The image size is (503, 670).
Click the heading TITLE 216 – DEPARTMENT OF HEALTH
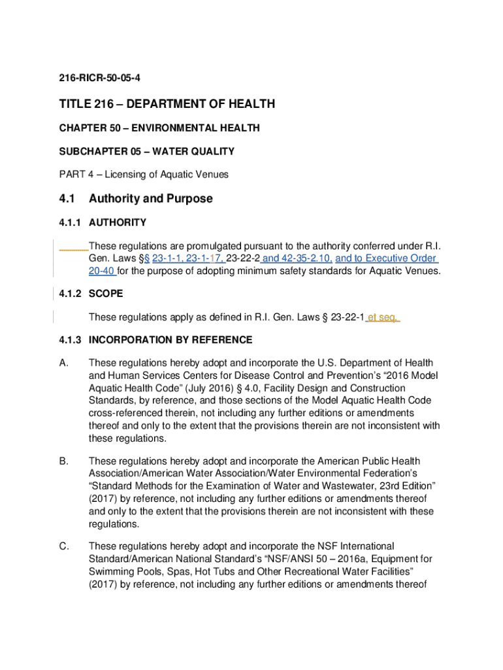tap(167, 104)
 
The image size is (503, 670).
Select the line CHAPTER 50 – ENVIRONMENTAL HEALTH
tap(159, 128)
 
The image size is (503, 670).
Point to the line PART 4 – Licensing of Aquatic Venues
tap(143, 175)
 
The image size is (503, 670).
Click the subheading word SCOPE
tap(105, 294)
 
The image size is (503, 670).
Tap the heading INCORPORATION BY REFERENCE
tap(170, 340)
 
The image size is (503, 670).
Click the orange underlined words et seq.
tap(382, 317)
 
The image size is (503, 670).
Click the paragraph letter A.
tap(63, 363)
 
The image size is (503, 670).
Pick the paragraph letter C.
tap(63, 546)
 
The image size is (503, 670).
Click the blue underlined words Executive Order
tap(400, 258)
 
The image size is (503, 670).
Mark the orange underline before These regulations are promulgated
tap(73, 248)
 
